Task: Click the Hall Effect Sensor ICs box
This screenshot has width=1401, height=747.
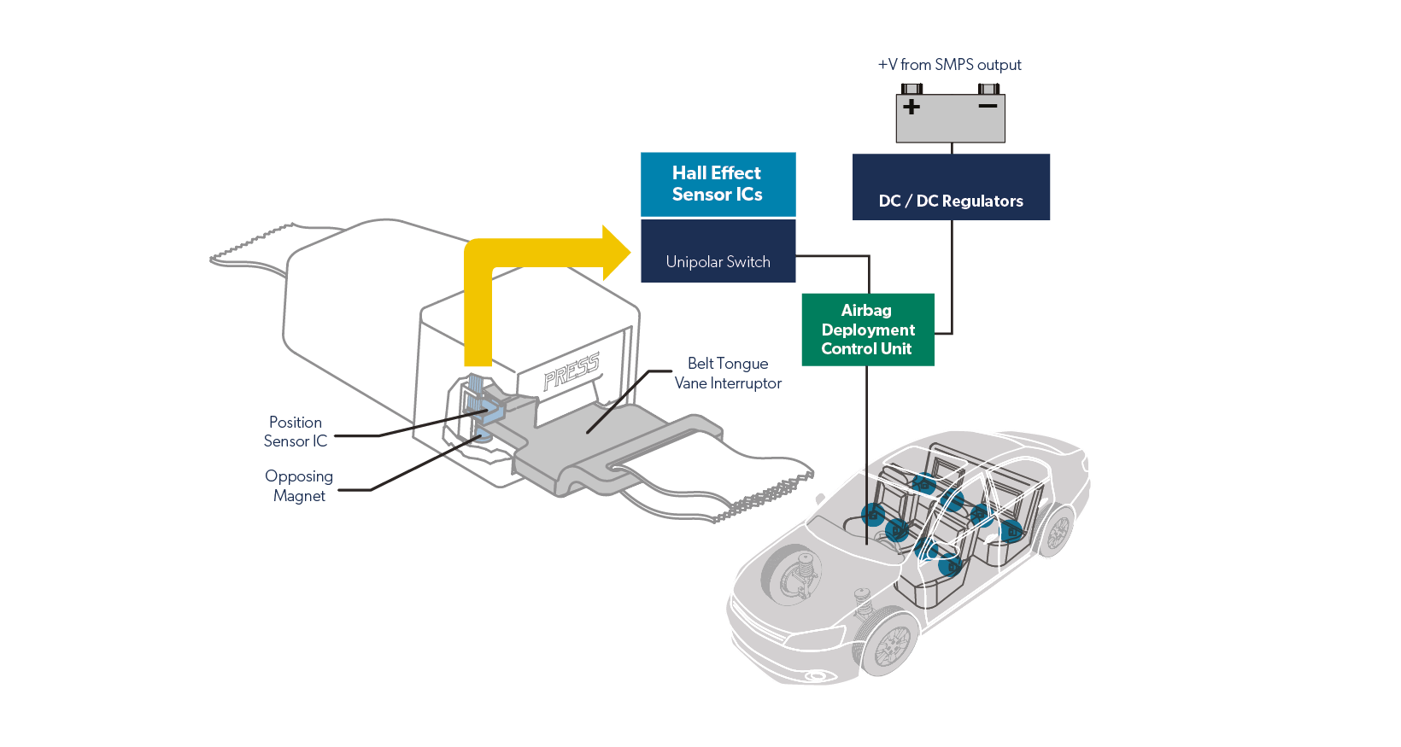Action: tap(718, 184)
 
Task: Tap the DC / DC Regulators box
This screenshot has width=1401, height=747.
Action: tap(951, 187)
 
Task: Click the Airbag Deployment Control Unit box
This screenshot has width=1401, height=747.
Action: tap(867, 330)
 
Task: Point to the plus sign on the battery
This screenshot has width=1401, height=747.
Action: tap(912, 107)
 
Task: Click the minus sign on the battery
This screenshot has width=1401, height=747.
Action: tap(988, 106)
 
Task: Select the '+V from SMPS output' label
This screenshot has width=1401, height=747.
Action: tap(949, 65)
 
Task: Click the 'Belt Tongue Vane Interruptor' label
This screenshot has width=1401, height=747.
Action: tap(728, 373)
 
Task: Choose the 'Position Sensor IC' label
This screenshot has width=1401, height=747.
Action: tap(296, 431)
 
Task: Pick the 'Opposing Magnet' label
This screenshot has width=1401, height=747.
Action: tap(299, 486)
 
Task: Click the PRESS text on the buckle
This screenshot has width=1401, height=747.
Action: tap(572, 371)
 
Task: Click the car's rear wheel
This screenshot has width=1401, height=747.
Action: tap(1058, 532)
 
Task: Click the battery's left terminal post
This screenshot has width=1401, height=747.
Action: tap(912, 89)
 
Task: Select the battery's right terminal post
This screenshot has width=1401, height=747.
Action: tap(988, 89)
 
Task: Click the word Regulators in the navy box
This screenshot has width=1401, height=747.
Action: tap(982, 201)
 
